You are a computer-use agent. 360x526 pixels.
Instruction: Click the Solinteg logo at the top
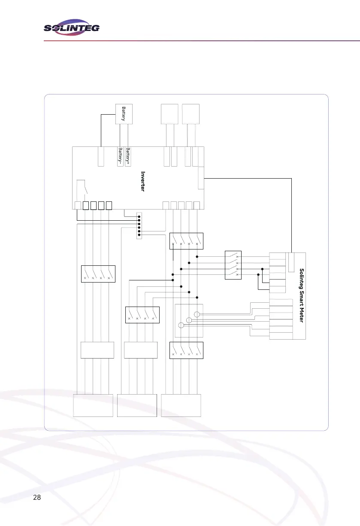pyautogui.click(x=72, y=28)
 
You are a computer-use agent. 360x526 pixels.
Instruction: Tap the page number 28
pyautogui.click(x=37, y=498)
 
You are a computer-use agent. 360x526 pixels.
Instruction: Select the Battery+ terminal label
pyautogui.click(x=128, y=157)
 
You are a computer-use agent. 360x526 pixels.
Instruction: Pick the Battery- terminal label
pyautogui.click(x=120, y=157)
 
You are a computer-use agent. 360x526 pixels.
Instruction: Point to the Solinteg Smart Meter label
pyautogui.click(x=302, y=296)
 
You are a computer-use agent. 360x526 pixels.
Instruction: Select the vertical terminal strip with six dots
pyautogui.click(x=139, y=226)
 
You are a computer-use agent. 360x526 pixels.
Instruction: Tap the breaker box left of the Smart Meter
pyautogui.click(x=233, y=265)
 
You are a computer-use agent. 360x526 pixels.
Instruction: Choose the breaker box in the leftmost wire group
pyautogui.click(x=98, y=274)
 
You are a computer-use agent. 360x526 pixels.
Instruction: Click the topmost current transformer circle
pyautogui.click(x=197, y=314)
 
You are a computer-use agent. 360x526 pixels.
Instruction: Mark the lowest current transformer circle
pyautogui.click(x=181, y=325)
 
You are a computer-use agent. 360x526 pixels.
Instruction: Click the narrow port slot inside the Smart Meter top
pyautogui.click(x=291, y=262)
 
